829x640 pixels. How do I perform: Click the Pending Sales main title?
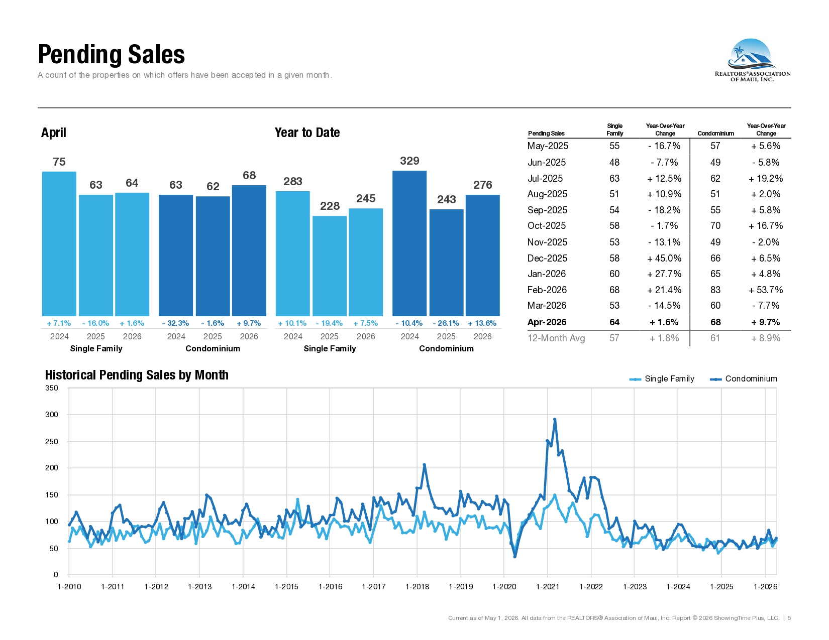[x=111, y=54]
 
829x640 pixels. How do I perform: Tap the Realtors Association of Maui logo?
[x=752, y=60]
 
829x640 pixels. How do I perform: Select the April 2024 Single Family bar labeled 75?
[x=59, y=243]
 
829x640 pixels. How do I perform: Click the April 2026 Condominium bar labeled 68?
[x=249, y=250]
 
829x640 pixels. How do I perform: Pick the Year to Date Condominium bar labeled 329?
[x=409, y=243]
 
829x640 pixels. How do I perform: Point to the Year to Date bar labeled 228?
[x=330, y=266]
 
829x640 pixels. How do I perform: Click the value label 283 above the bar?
[x=292, y=181]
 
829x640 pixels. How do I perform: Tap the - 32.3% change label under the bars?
[x=175, y=323]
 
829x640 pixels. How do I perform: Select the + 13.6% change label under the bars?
[x=482, y=323]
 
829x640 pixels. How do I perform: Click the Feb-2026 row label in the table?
[x=547, y=290]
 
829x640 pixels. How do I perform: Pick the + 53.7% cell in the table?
[x=766, y=290]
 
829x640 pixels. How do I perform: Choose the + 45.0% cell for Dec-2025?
[x=664, y=258]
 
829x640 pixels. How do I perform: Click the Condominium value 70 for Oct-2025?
[x=715, y=226]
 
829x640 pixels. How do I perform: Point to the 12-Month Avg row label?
[x=556, y=338]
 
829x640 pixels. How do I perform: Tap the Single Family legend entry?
[x=662, y=378]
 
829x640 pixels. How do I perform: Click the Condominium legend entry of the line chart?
[x=743, y=378]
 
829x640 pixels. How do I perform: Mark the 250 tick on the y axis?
[x=52, y=441]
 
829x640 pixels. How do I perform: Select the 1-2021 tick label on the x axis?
[x=548, y=587]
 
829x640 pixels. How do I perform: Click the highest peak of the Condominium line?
[x=555, y=419]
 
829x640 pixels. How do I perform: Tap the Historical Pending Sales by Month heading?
[x=137, y=375]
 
